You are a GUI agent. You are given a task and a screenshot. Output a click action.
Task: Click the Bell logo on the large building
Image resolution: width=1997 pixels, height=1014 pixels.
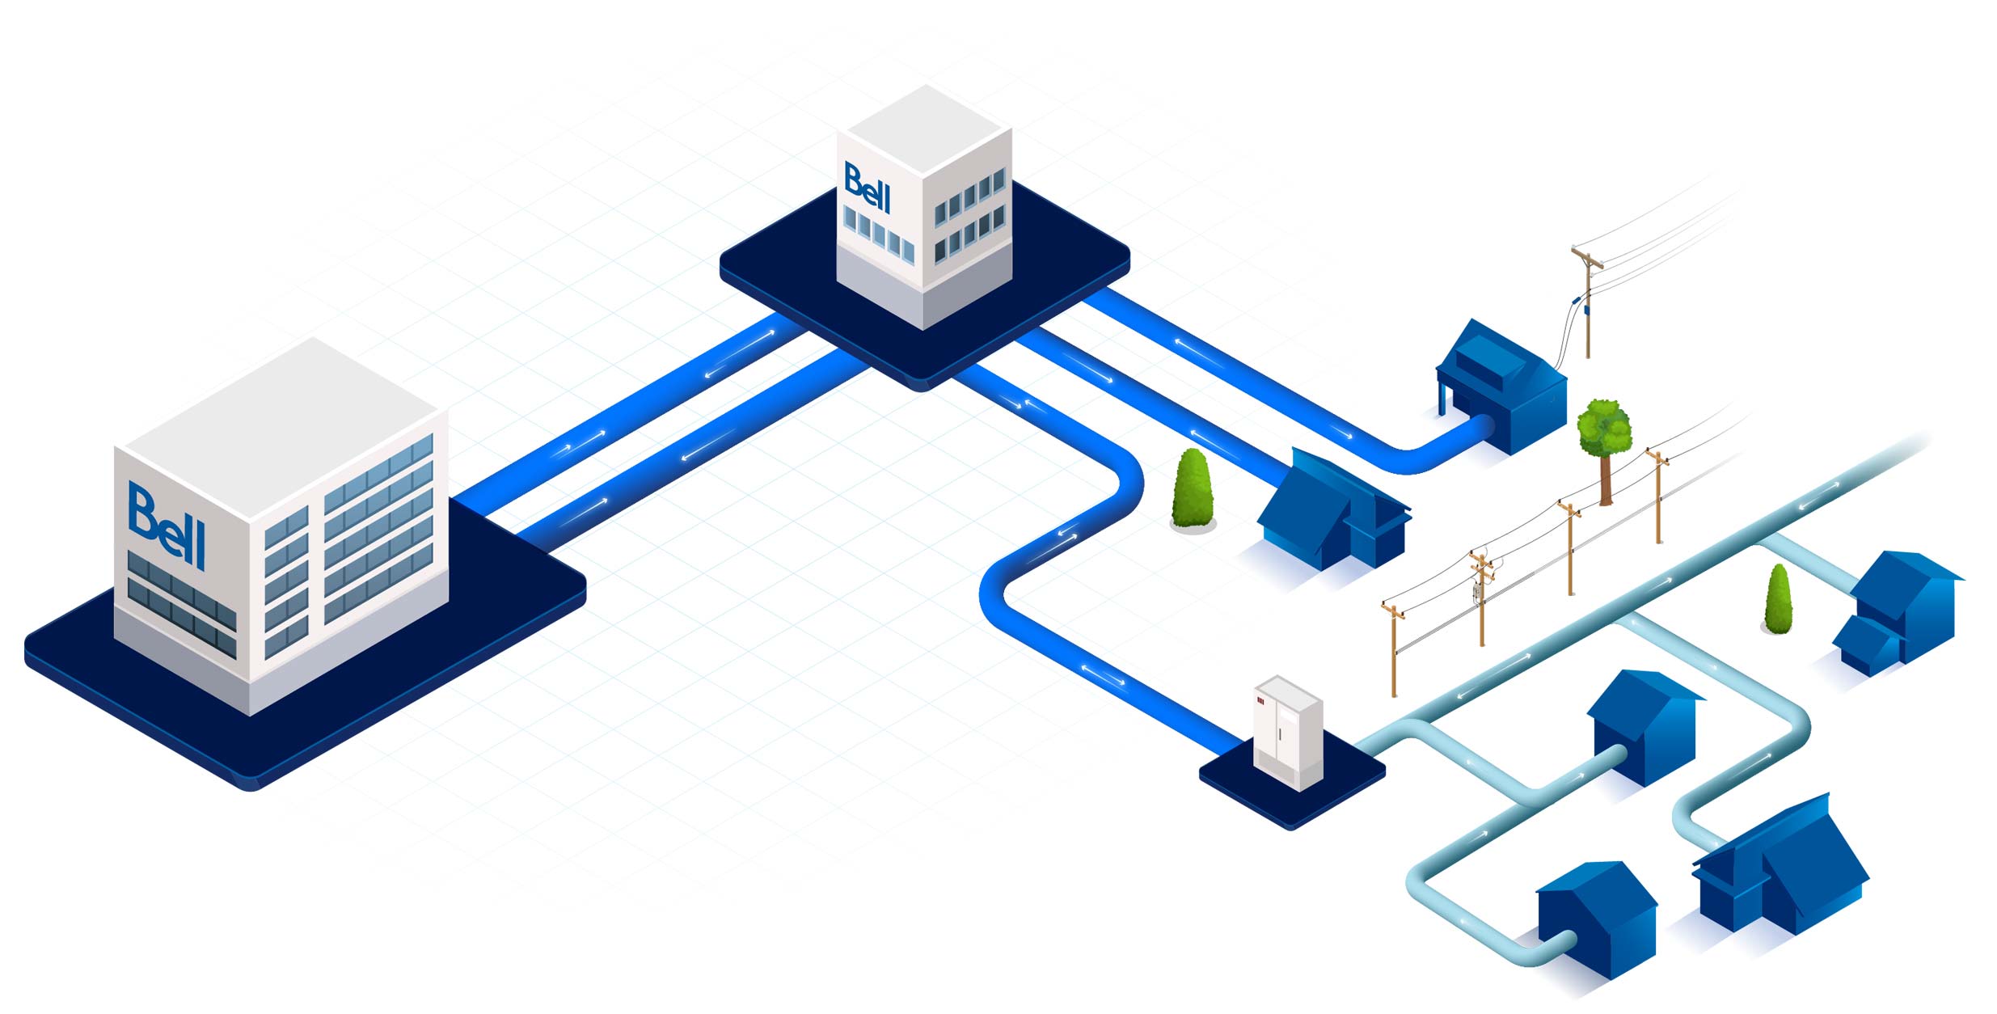(x=167, y=526)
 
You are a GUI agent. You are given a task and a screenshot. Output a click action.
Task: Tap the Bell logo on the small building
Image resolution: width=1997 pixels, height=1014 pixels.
(x=867, y=188)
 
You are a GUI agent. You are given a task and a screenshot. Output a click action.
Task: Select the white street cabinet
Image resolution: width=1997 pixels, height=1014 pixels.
(x=1288, y=733)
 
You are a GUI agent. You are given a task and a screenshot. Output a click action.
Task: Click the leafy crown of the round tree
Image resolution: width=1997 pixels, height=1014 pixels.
(x=1604, y=426)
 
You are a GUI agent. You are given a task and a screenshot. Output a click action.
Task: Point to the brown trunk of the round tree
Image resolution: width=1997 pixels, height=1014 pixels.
(x=1606, y=479)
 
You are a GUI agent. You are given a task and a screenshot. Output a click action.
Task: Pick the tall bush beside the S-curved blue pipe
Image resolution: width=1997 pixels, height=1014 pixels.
(x=1193, y=489)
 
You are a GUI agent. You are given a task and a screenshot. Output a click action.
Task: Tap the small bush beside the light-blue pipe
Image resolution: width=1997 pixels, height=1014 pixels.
(x=1778, y=599)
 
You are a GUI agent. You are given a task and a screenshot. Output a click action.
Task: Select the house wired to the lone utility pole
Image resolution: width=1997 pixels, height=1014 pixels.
(x=1501, y=387)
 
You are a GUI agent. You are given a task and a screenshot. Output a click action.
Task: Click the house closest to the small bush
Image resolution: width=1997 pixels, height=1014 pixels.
(x=1897, y=611)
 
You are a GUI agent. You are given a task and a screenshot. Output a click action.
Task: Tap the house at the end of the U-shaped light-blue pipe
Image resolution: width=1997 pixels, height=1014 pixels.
(x=1595, y=919)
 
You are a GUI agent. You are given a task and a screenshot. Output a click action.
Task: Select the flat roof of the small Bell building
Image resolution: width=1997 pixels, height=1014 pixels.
(x=925, y=130)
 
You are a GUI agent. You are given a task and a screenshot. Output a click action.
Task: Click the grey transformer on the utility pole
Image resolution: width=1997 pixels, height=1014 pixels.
(x=1477, y=592)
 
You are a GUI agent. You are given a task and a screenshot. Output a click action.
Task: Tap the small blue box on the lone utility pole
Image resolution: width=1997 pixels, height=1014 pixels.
(x=1586, y=309)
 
